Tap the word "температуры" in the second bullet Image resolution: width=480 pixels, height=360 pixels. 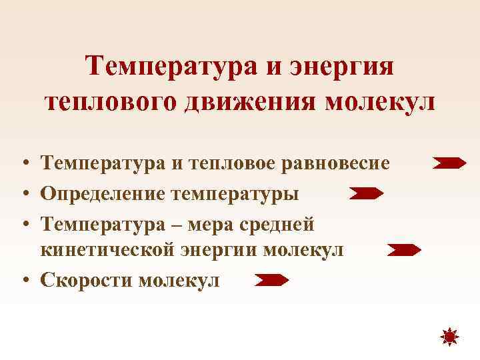point(236,193)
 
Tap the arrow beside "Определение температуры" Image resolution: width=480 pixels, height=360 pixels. point(366,194)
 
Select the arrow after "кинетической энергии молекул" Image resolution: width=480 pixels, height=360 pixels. point(404,251)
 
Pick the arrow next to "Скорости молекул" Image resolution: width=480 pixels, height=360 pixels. point(271,281)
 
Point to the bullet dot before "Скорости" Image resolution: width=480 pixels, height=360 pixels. point(23,281)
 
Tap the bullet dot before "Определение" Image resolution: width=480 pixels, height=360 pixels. point(23,194)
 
